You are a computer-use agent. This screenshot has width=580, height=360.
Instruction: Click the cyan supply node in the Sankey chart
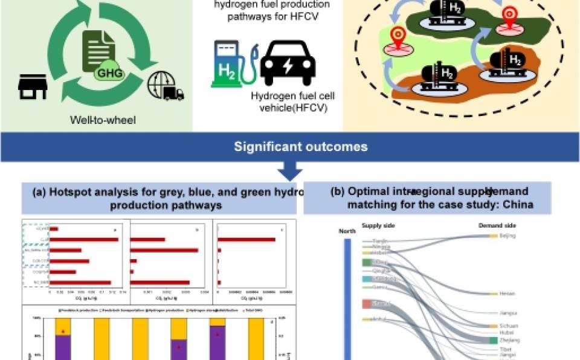click(x=367, y=279)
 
